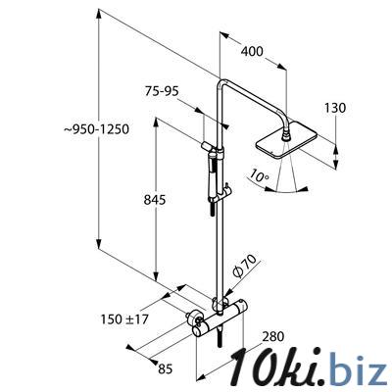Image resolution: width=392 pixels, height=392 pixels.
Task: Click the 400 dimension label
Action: click(x=252, y=51)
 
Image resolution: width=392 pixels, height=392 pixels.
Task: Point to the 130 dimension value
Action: click(x=335, y=108)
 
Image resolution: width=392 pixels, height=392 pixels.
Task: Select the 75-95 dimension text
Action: click(x=162, y=91)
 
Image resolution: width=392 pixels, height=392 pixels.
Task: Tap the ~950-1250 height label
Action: click(x=97, y=129)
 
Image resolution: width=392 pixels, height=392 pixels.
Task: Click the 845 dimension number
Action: click(x=155, y=200)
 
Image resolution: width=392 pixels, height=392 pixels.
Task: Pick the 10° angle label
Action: click(x=258, y=174)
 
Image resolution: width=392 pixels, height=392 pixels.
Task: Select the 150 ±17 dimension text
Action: click(x=124, y=318)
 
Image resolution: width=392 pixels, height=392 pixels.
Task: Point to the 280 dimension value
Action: click(x=273, y=336)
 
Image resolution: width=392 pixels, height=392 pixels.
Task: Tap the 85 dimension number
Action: click(x=165, y=369)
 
